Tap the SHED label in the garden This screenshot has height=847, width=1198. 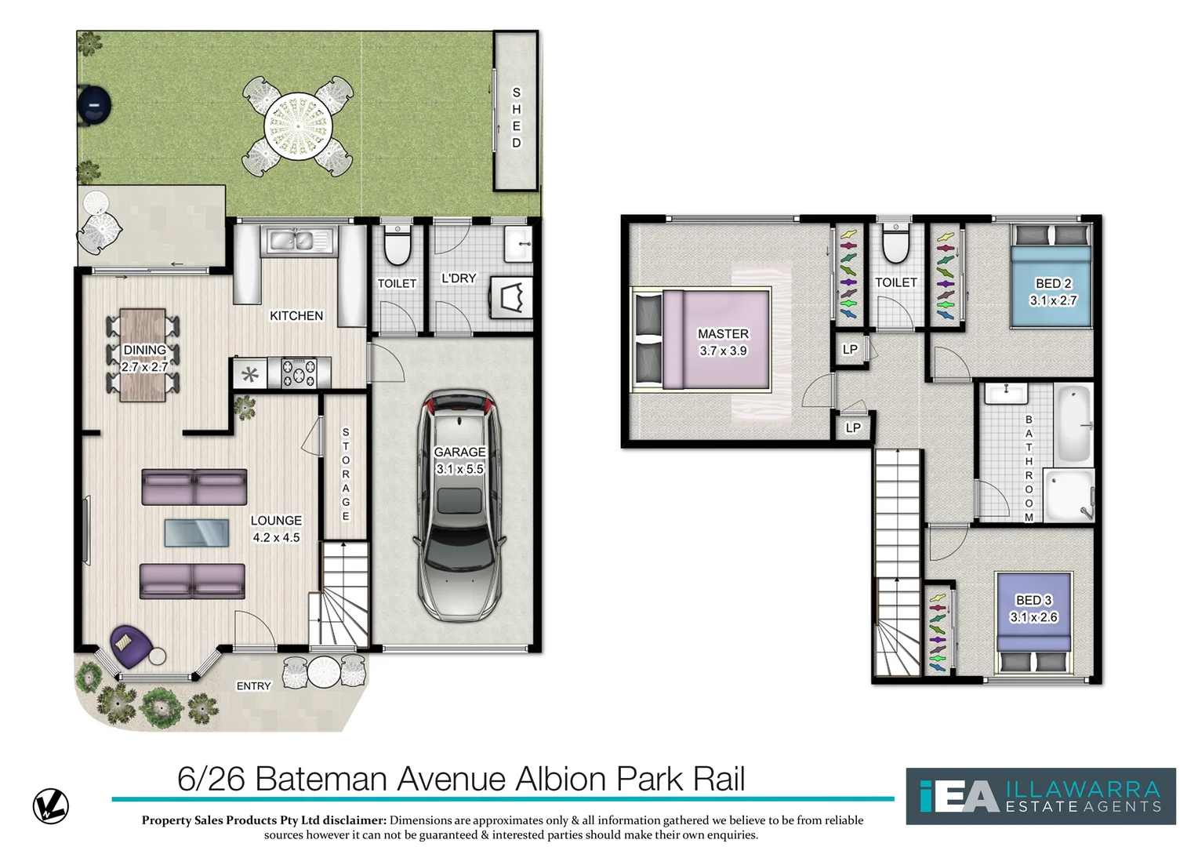[x=516, y=118]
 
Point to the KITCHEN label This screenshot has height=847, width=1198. [x=296, y=316]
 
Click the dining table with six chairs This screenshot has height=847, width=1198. [x=143, y=355]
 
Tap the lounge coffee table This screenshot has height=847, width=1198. [x=197, y=533]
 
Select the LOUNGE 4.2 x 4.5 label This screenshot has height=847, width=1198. [x=276, y=529]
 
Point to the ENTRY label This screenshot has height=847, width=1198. [x=253, y=686]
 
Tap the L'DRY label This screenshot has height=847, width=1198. [x=459, y=278]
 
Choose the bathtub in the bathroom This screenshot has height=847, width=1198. [x=1073, y=423]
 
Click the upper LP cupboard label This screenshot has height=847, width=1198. [x=850, y=350]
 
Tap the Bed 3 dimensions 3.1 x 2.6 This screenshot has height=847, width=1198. [x=1033, y=617]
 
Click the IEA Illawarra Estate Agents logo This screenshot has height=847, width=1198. [x=1040, y=796]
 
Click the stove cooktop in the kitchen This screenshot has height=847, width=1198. [x=299, y=373]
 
